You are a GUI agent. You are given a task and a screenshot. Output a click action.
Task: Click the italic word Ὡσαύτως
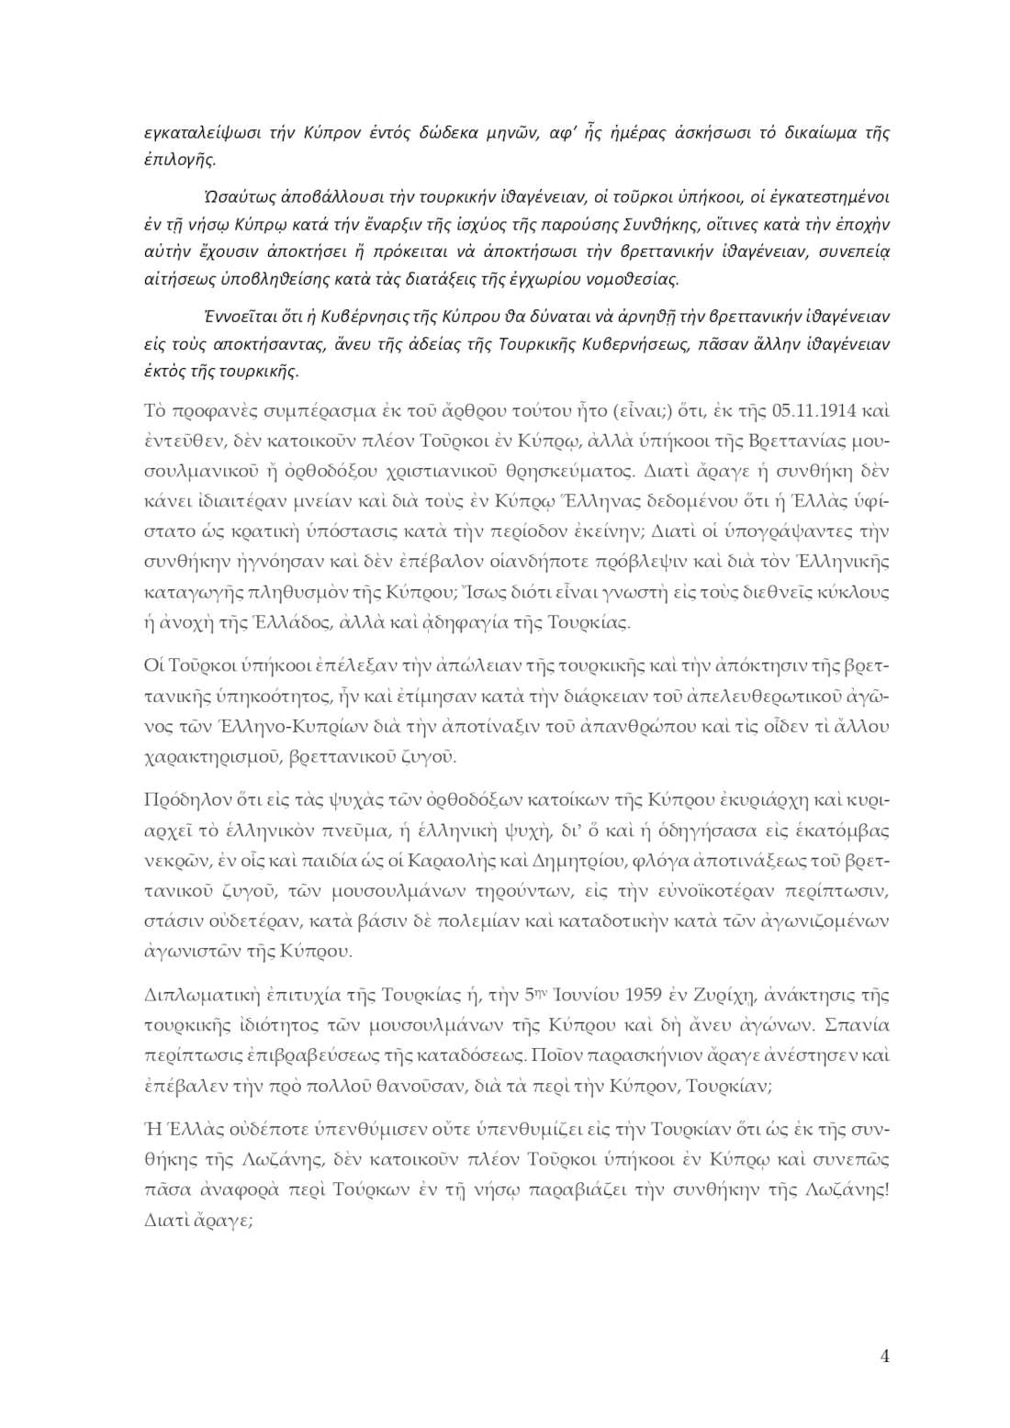[x=231, y=197]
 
